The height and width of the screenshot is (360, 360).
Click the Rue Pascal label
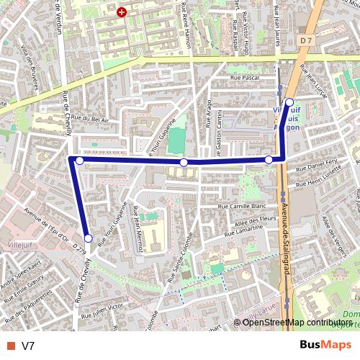coord(244,77)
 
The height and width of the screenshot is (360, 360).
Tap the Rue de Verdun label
coord(58,17)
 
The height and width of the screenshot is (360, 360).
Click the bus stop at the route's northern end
coord(289,102)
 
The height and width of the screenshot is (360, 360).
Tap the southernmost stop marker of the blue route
coord(88,238)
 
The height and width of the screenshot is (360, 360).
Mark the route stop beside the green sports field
coord(184,163)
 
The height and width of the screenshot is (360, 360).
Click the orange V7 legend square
coord(10,346)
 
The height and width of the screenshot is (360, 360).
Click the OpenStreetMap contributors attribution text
coord(297,323)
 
